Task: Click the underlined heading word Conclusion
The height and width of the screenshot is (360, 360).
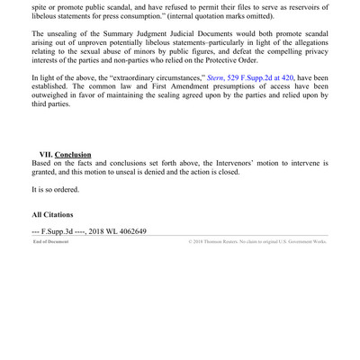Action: click(x=73, y=155)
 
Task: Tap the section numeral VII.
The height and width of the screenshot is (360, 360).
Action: click(x=45, y=155)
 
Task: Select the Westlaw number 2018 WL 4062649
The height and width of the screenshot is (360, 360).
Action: click(x=117, y=231)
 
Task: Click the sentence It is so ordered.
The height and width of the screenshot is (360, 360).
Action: click(x=55, y=190)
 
